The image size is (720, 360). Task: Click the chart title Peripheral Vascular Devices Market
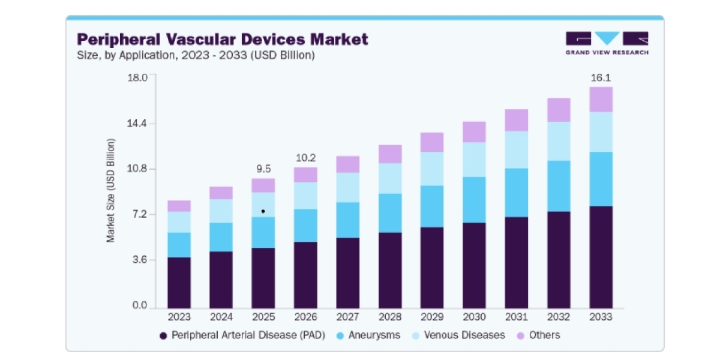click(223, 40)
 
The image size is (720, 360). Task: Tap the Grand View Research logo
click(607, 43)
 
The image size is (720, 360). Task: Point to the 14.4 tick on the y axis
click(137, 124)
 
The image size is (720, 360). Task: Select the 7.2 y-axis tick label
click(139, 214)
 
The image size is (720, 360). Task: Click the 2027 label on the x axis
click(347, 317)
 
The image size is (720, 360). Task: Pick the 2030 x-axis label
click(474, 317)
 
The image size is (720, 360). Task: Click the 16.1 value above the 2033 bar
click(601, 78)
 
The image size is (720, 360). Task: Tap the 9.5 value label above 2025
click(263, 169)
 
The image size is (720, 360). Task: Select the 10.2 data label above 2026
click(305, 158)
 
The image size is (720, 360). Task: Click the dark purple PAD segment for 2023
click(179, 283)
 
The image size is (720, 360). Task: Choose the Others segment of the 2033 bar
click(601, 100)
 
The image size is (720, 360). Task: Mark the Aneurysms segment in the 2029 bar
click(432, 206)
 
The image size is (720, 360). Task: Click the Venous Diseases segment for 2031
click(516, 150)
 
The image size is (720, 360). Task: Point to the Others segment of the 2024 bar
click(221, 193)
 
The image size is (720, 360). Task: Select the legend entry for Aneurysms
click(368, 335)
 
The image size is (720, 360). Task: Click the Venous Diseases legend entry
click(458, 335)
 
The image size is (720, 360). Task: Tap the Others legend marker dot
click(520, 336)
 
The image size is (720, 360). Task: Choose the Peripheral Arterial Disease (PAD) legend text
click(248, 335)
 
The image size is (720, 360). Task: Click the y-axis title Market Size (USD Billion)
click(110, 190)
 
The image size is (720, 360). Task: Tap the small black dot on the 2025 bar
click(263, 211)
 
